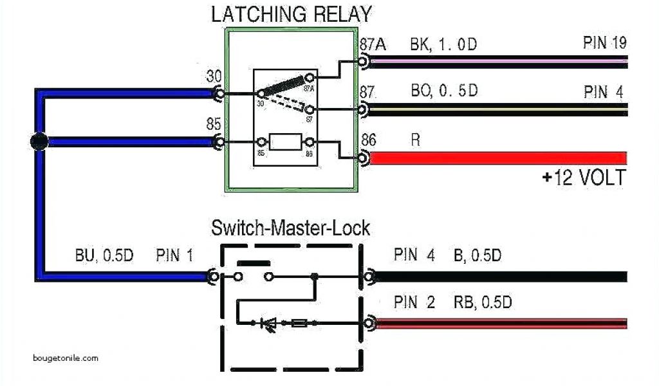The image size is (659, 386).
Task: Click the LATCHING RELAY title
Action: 291,14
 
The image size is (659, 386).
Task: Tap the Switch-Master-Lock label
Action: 291,228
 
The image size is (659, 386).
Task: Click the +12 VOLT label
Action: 584,178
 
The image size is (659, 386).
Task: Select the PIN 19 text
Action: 604,44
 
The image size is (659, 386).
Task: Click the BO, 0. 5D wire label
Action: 445,91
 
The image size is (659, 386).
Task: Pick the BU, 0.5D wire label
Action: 103,255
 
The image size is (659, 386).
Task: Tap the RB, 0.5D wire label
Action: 483,302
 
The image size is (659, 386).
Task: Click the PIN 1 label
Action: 174,255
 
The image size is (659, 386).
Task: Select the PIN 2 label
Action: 414,302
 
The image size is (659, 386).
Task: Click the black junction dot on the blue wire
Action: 39,142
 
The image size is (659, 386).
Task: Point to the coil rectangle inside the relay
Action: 284,142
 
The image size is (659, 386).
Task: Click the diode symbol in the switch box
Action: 268,324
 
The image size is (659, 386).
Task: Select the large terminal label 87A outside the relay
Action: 373,46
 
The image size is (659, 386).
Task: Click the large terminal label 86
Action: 369,139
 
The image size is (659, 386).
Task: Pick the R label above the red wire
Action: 416,140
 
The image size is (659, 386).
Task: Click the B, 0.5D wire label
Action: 477,255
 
